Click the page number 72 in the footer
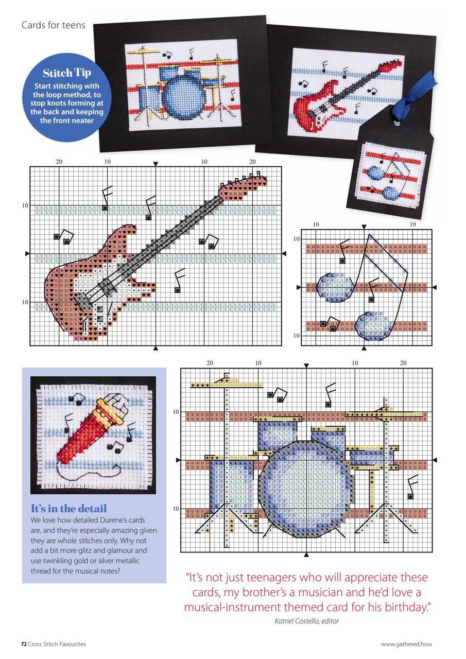23,644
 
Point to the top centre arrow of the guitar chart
156,163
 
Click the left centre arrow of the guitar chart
27,253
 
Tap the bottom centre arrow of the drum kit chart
307,554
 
